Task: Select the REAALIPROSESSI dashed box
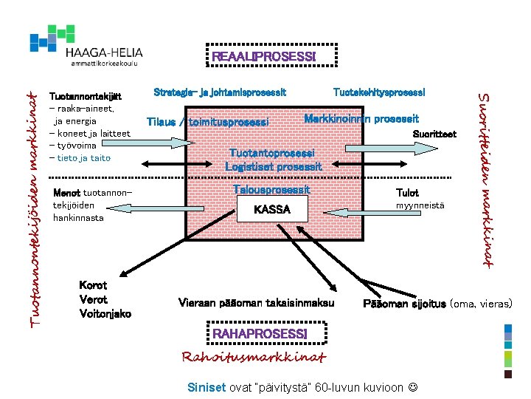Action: (263, 57)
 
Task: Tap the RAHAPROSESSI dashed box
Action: (259, 335)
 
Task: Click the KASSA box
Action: (271, 210)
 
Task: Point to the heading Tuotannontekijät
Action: (84, 96)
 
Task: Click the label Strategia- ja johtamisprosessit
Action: (220, 92)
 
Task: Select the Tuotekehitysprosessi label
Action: (379, 92)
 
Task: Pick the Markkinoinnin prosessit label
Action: (361, 118)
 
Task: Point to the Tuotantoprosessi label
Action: (272, 153)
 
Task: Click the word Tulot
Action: (407, 193)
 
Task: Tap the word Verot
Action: (93, 299)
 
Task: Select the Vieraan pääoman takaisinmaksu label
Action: (256, 303)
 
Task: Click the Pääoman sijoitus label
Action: (404, 304)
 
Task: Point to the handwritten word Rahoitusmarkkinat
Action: (254, 358)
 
